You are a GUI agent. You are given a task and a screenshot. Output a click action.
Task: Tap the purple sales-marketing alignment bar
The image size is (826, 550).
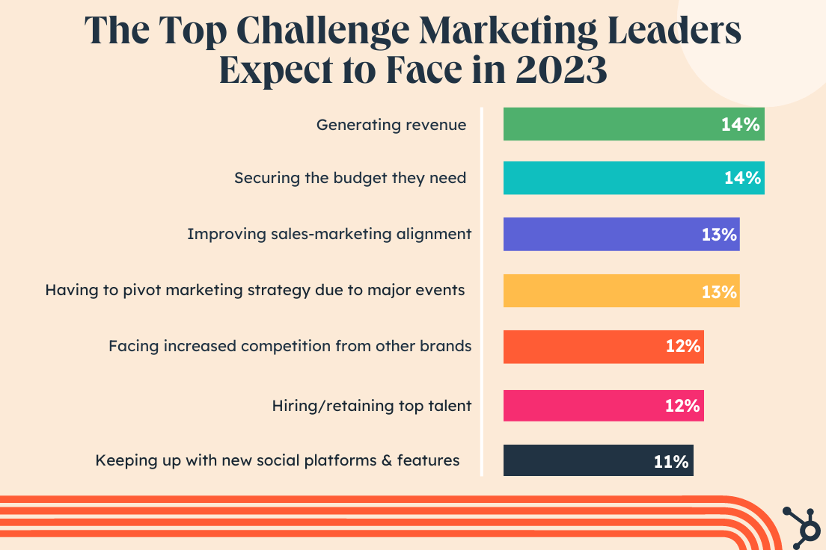tap(599, 234)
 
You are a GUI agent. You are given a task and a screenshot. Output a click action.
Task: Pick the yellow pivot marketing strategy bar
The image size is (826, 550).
tap(599, 291)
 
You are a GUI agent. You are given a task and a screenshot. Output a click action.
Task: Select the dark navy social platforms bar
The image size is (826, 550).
tap(576, 460)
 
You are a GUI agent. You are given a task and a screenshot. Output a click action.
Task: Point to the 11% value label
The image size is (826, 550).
tap(671, 462)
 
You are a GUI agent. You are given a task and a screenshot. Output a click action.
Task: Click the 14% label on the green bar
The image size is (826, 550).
tap(741, 125)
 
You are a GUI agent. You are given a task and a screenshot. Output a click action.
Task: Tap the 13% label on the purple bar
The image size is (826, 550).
tap(720, 235)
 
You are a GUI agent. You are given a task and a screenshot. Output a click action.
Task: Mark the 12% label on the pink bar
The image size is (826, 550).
tap(682, 407)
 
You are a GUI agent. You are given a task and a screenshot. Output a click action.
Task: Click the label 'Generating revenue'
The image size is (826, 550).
tap(391, 125)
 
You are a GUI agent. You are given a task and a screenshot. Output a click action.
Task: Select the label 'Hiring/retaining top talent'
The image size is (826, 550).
tap(372, 406)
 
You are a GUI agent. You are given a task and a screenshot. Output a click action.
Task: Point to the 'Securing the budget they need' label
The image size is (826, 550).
tap(350, 178)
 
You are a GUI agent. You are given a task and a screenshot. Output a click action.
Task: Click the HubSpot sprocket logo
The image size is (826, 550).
tap(802, 524)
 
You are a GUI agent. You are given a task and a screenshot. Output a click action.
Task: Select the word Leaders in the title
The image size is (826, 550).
tap(679, 30)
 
